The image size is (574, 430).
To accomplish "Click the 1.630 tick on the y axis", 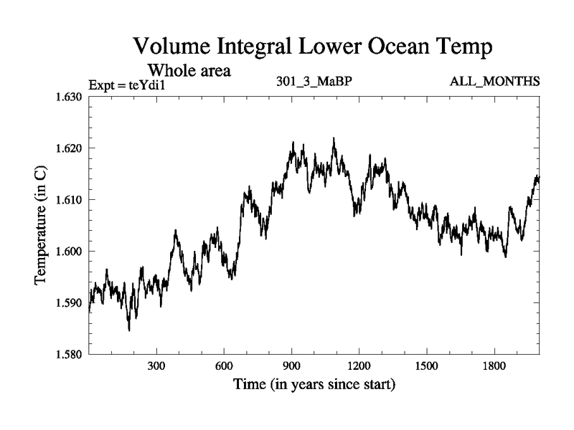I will (x=70, y=97).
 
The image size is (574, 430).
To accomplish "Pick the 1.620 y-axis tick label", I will (x=70, y=148).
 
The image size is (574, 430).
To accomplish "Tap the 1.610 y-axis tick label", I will (x=70, y=200).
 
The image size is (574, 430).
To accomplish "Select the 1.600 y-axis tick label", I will (x=70, y=252).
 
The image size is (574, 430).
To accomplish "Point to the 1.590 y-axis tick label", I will (x=70, y=303).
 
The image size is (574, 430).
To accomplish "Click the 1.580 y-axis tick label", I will (x=70, y=355).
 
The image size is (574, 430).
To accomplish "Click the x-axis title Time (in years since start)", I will (x=314, y=385).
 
